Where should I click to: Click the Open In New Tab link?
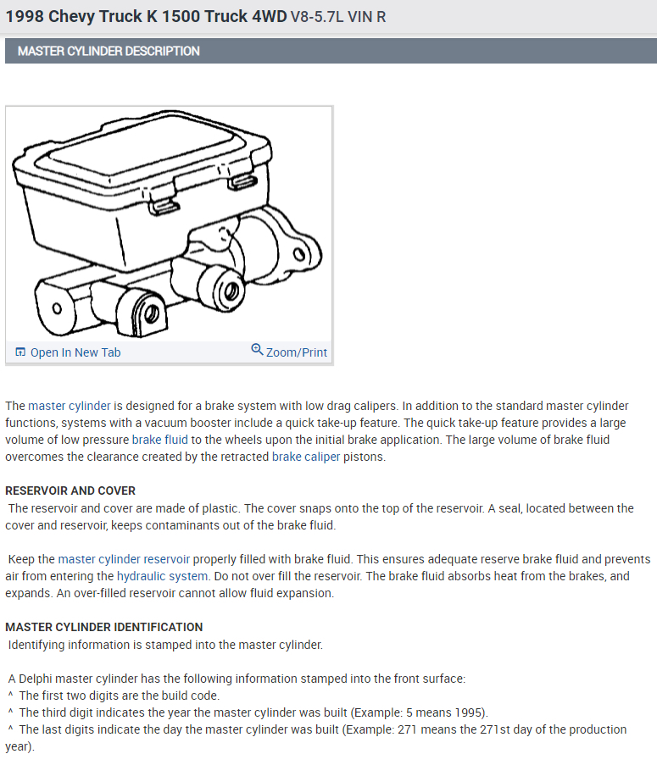click(x=75, y=352)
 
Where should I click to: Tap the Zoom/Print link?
click(x=296, y=352)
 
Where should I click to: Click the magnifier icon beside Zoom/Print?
click(x=257, y=349)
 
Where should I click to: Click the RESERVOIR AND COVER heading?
click(x=70, y=491)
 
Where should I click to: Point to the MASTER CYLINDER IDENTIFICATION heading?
click(x=104, y=627)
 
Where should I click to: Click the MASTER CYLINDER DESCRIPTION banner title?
click(x=109, y=51)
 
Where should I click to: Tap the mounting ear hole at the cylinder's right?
click(x=298, y=253)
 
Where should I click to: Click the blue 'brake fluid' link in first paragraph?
click(x=160, y=440)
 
